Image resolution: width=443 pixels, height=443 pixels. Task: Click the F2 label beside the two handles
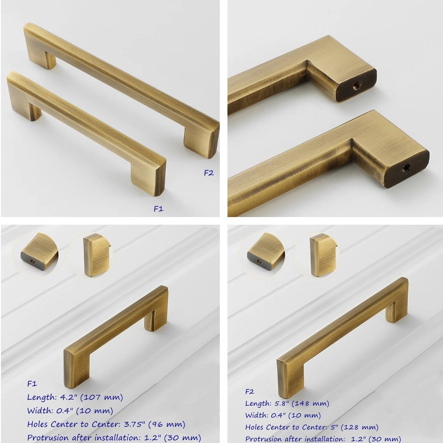tap(209, 173)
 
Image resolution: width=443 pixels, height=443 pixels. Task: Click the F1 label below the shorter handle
tap(158, 209)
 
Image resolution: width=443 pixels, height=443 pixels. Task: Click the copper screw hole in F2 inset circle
tap(259, 261)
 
